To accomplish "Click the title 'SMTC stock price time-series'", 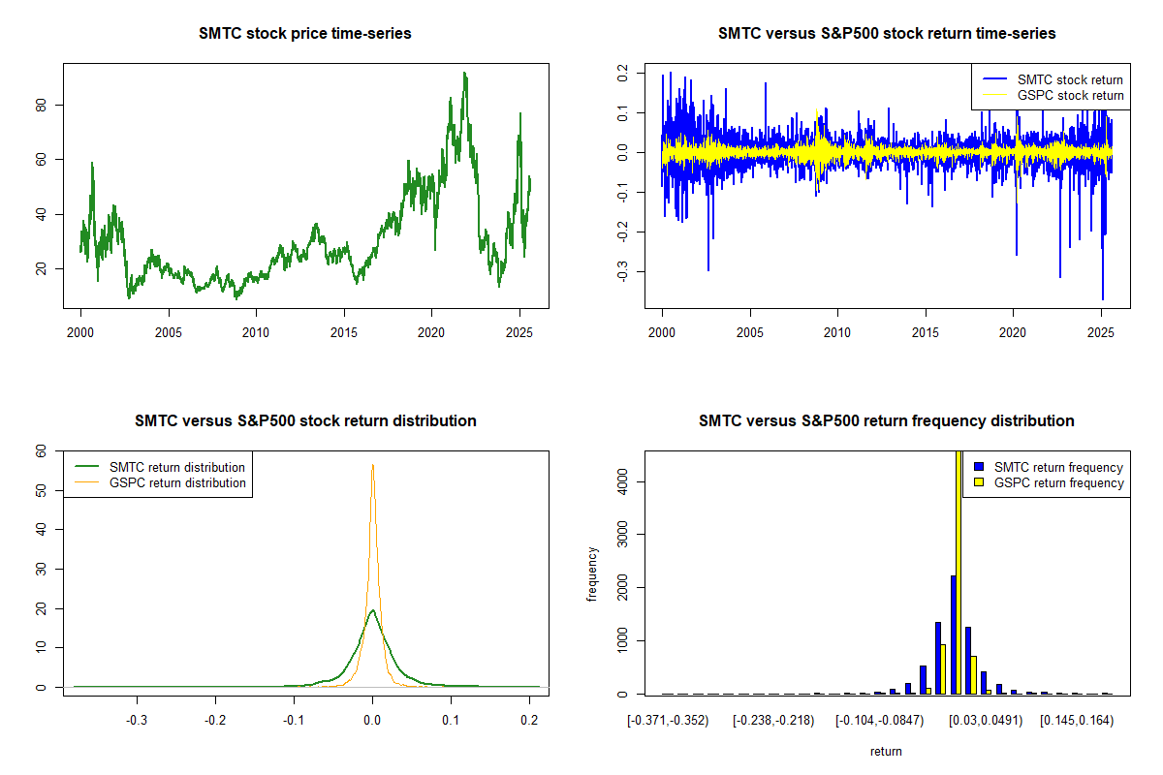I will [x=305, y=34].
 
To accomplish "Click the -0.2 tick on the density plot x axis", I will [x=215, y=721].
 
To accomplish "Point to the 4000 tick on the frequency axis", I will [x=624, y=481].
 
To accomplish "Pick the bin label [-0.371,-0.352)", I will [x=669, y=721].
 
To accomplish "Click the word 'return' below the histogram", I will [x=886, y=751].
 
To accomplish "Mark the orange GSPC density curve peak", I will [x=372, y=465].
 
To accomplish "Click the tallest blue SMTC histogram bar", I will [x=953, y=635].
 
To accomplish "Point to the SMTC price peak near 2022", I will [x=465, y=73].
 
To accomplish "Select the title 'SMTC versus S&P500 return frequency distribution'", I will [x=886, y=421].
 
